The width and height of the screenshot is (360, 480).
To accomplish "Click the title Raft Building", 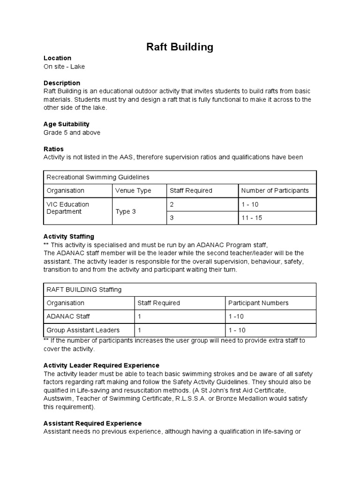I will click(x=180, y=47).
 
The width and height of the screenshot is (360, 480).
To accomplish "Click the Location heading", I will click(x=57, y=58).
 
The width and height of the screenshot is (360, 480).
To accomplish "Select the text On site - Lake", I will click(x=64, y=67).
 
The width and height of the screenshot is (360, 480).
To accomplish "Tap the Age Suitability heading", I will click(x=66, y=124).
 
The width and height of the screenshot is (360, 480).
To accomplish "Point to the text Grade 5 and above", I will click(x=72, y=133).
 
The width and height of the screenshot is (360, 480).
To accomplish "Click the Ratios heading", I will click(x=53, y=149).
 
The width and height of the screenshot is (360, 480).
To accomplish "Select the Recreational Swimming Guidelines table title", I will click(x=97, y=177).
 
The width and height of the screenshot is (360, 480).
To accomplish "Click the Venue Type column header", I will click(x=133, y=190).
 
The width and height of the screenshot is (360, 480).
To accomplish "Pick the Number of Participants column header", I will click(x=275, y=190).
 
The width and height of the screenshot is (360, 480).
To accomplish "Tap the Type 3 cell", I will click(x=126, y=211).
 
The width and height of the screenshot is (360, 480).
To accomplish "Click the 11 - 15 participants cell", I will click(x=252, y=218).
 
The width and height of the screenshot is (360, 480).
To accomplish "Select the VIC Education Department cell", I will click(x=67, y=208).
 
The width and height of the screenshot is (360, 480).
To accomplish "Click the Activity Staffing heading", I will click(x=68, y=237).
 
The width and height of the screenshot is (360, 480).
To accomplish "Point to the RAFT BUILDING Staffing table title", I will click(x=84, y=290).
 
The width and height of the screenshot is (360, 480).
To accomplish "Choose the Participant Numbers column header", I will click(x=258, y=303).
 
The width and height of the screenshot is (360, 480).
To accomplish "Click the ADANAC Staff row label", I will click(x=68, y=316).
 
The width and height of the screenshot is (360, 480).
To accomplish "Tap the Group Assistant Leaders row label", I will click(x=83, y=330).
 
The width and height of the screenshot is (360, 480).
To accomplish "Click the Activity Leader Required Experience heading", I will click(x=101, y=365).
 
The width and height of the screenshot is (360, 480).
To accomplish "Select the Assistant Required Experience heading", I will click(x=92, y=423).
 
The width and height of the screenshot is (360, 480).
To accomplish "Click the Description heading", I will click(x=61, y=83).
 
